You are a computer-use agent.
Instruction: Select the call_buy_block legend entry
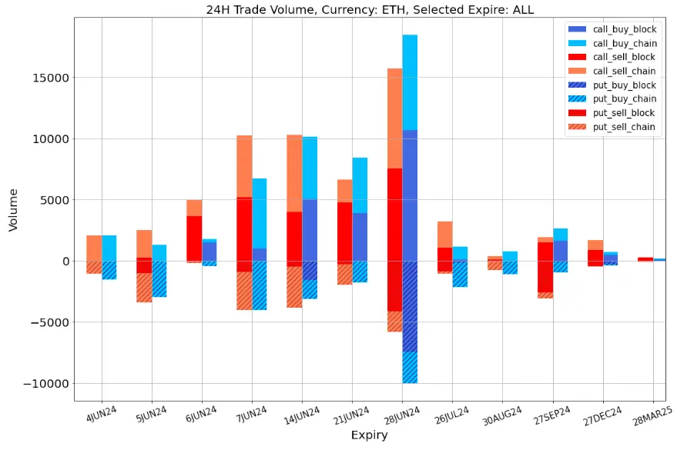tap(624, 28)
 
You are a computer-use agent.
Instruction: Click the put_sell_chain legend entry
tap(624, 127)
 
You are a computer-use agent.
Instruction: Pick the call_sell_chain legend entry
tap(624, 71)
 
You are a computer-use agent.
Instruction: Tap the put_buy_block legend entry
tap(624, 85)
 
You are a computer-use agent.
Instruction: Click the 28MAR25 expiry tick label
tap(650, 418)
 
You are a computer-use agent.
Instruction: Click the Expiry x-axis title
tap(369, 435)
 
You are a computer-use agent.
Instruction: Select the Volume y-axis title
tap(13, 209)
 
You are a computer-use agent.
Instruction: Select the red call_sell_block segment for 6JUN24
tap(194, 238)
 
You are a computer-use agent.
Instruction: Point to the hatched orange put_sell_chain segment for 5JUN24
tap(144, 288)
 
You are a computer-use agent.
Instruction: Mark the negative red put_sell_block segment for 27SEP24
tap(545, 277)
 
